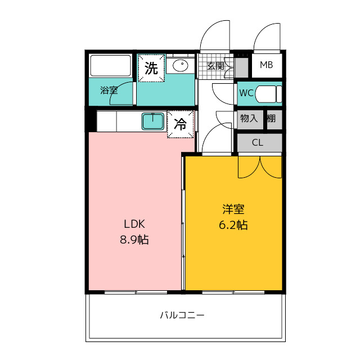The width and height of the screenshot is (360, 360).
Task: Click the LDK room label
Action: click(x=134, y=224)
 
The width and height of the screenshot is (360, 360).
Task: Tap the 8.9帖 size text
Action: click(x=134, y=240)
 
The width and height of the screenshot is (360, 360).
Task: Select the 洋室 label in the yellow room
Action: click(x=233, y=209)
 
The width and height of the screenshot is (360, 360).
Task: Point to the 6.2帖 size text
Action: click(x=233, y=225)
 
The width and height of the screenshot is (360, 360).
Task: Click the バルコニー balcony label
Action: click(x=182, y=315)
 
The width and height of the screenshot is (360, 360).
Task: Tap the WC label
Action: click(x=246, y=93)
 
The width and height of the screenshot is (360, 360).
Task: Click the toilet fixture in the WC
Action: click(x=268, y=94)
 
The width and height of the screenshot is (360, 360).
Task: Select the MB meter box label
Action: click(x=266, y=65)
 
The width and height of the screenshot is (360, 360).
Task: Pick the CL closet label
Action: click(x=258, y=142)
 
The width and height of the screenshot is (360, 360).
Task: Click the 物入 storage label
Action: click(x=249, y=119)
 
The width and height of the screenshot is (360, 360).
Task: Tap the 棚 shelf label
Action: click(x=271, y=119)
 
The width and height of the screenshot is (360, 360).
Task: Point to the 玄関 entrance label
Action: click(x=215, y=66)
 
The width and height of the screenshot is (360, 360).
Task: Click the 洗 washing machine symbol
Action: click(x=151, y=68)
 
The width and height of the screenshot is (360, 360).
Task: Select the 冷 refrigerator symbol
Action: click(x=180, y=124)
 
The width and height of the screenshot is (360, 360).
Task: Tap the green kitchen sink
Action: click(x=153, y=121)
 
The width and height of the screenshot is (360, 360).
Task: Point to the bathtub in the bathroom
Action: click(x=110, y=66)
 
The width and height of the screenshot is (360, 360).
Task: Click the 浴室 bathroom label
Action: click(x=109, y=91)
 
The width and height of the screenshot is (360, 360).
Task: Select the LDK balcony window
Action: click(x=136, y=292)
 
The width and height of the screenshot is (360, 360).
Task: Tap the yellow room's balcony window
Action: click(x=233, y=292)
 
